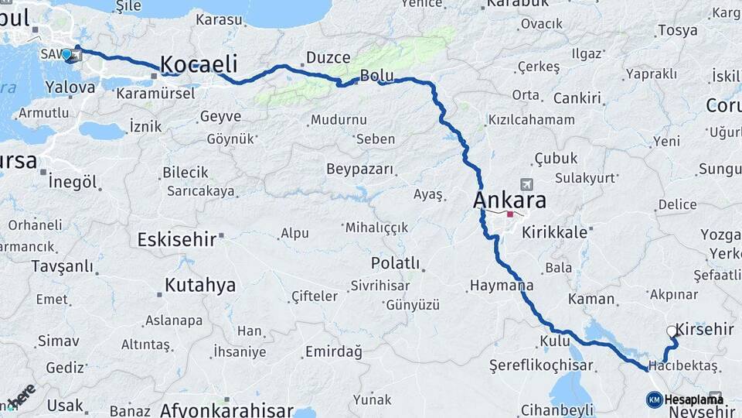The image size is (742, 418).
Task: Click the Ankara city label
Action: [509, 200]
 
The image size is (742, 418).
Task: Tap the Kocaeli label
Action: [199, 64]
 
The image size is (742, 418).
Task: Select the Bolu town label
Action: [376, 76]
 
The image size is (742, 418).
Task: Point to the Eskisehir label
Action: [176, 239]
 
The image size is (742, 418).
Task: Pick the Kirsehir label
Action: [704, 329]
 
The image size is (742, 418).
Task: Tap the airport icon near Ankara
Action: [528, 184]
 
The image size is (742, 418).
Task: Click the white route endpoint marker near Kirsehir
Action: [672, 331]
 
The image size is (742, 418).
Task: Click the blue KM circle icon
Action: [654, 399]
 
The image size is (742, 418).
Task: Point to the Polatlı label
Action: [395, 263]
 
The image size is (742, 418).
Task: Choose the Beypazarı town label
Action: [359, 169]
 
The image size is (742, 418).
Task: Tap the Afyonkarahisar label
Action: [226, 409]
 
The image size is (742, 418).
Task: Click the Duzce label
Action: [328, 57]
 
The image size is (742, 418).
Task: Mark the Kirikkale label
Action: [556, 232]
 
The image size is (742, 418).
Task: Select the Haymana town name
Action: [501, 286]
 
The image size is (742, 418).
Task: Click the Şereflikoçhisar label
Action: [541, 365]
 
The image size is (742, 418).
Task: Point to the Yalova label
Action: [70, 87]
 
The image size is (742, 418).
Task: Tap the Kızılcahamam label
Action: [531, 120]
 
